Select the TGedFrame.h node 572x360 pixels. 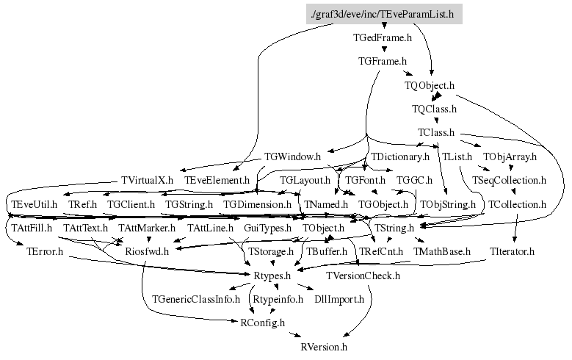(x=382, y=37)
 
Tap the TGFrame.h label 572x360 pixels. (x=382, y=61)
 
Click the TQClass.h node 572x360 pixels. (x=434, y=109)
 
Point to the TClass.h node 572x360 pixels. (x=436, y=132)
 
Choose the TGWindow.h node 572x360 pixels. (x=292, y=156)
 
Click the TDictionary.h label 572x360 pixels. (x=399, y=156)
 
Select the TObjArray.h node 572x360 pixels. (x=510, y=156)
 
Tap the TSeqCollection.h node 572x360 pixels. (x=510, y=180)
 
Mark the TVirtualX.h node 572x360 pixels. (x=147, y=180)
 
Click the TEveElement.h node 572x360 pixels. (x=217, y=180)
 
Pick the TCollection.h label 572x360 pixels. (x=518, y=204)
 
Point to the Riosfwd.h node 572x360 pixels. (x=147, y=252)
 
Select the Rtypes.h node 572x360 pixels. (x=272, y=276)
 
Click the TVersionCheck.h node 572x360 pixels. (x=363, y=276)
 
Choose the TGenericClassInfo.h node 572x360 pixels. (x=196, y=300)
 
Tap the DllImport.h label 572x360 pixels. (x=339, y=300)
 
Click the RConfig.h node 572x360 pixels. (x=263, y=323)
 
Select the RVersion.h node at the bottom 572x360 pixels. (x=324, y=346)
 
